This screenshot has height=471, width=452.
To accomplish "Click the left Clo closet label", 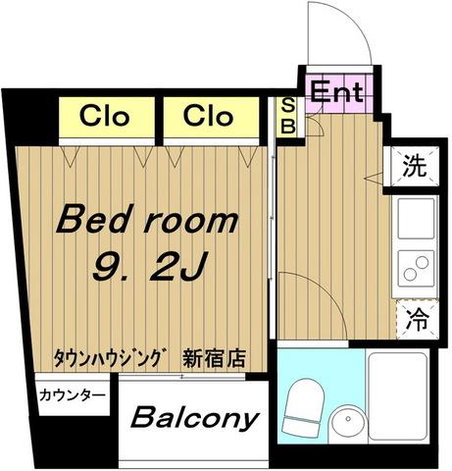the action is (x=104, y=116).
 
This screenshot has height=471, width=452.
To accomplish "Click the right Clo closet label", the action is (x=209, y=116).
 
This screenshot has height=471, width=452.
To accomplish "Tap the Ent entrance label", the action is (x=336, y=91).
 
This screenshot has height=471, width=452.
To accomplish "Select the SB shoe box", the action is (x=287, y=117).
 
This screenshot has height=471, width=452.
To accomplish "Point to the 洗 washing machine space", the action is (x=415, y=167).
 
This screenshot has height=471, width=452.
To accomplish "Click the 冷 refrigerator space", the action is (x=417, y=320).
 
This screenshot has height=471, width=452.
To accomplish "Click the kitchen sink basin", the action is (x=416, y=219).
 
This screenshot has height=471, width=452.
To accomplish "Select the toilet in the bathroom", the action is (x=303, y=407).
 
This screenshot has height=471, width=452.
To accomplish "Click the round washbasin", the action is (x=347, y=421).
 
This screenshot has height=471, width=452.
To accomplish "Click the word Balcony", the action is (x=195, y=418).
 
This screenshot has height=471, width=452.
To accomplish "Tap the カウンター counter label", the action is (x=73, y=395).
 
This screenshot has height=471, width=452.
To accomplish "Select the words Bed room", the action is (x=147, y=218).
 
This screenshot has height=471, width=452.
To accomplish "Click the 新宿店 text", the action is (x=215, y=358).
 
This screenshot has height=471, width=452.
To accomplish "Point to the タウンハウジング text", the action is (x=109, y=358).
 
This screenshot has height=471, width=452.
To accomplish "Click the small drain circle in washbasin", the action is (x=348, y=418).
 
